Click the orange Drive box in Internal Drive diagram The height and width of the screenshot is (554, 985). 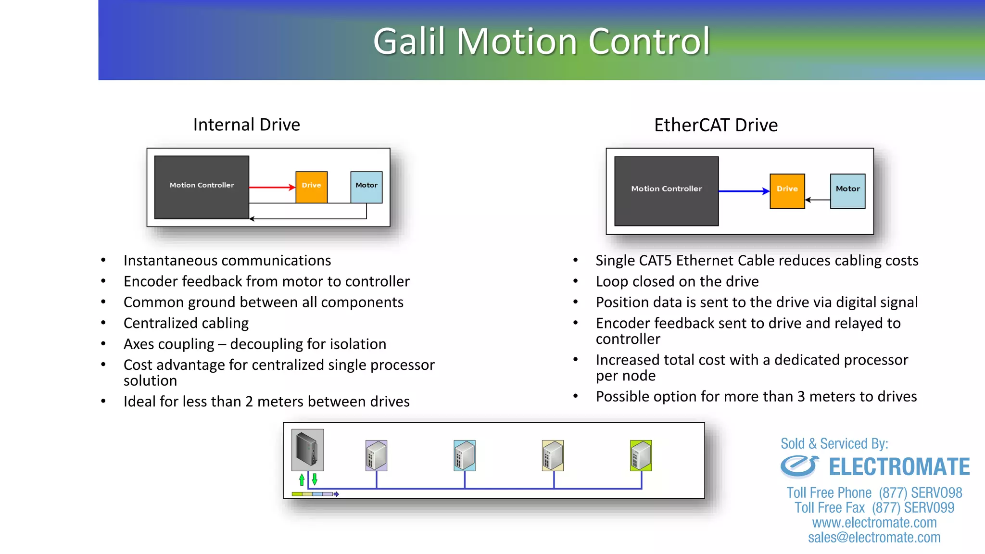pyautogui.click(x=311, y=187)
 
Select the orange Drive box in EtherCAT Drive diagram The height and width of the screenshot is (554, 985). pyautogui.click(x=787, y=191)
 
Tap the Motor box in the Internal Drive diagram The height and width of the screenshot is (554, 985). pyautogui.click(x=366, y=187)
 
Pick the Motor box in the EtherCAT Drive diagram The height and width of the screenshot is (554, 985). pyautogui.click(x=847, y=191)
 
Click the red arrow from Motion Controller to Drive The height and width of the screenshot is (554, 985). pyautogui.click(x=272, y=187)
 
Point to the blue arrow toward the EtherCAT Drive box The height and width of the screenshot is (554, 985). pyautogui.click(x=744, y=191)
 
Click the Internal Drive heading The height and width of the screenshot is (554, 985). pyautogui.click(x=246, y=125)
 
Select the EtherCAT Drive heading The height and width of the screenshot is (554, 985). pyautogui.click(x=716, y=125)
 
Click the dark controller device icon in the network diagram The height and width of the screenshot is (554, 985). pyautogui.click(x=307, y=449)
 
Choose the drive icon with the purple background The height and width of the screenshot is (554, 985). pyautogui.click(x=376, y=455)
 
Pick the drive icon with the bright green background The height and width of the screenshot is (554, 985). pyautogui.click(x=641, y=455)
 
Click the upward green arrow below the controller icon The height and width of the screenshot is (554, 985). pyautogui.click(x=302, y=479)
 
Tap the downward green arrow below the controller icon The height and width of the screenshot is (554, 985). pyautogui.click(x=315, y=479)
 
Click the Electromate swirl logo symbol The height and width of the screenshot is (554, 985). pyautogui.click(x=799, y=466)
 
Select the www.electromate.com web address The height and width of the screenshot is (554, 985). pyautogui.click(x=874, y=522)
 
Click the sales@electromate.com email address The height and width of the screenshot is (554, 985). pyautogui.click(x=874, y=537)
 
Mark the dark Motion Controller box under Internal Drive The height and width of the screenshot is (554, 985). pyautogui.click(x=202, y=187)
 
